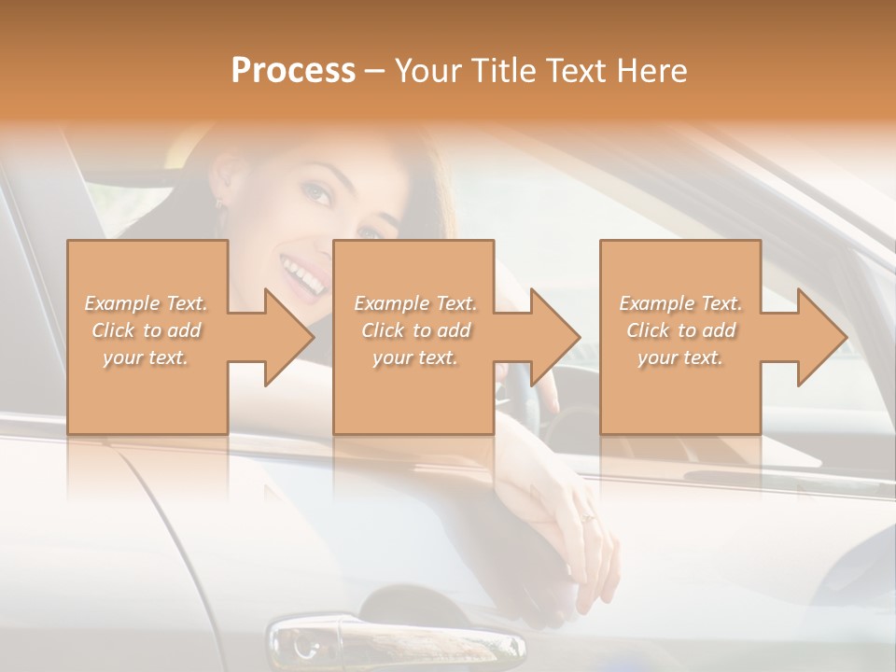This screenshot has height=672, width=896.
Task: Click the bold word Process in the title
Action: [x=293, y=70]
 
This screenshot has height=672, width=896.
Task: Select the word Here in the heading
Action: [x=651, y=70]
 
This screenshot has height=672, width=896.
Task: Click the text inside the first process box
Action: [x=147, y=329]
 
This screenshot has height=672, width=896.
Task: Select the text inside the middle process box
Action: [x=414, y=329]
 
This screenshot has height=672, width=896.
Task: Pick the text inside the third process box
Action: [x=680, y=329]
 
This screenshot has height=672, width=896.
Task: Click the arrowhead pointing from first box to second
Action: [x=288, y=337]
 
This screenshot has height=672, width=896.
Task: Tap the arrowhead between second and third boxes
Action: [x=554, y=337]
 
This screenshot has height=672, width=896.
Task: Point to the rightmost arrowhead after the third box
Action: [x=821, y=337]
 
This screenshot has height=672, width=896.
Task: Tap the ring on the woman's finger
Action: [x=588, y=517]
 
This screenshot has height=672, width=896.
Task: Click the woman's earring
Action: [x=220, y=201]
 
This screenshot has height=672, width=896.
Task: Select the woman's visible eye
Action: [x=317, y=194]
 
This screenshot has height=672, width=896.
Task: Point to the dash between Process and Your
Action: [x=374, y=72]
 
